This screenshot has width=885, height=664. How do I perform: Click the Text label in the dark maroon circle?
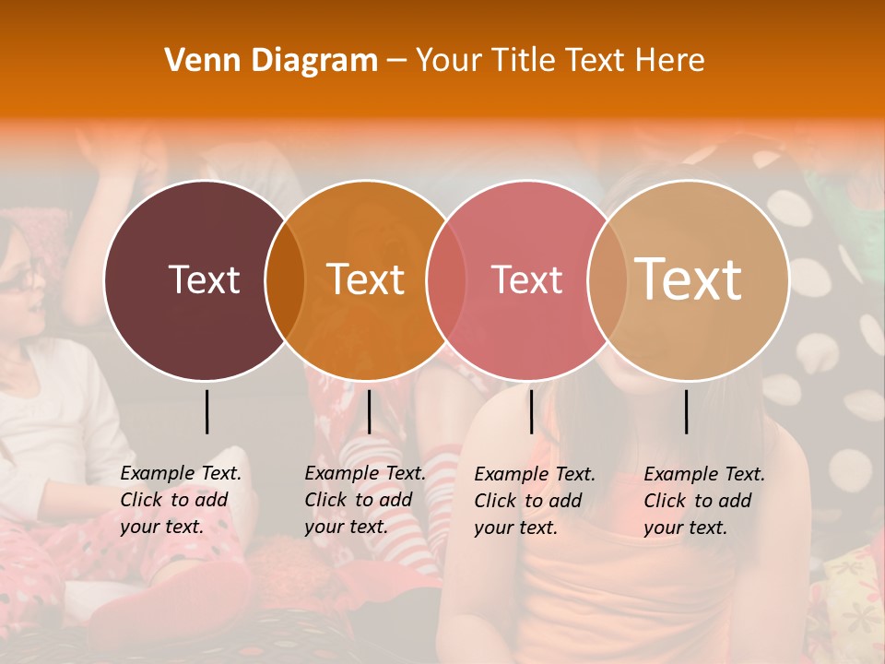[x=204, y=279]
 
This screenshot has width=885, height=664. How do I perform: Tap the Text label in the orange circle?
[x=365, y=279]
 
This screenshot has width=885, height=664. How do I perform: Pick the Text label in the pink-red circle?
[x=526, y=279]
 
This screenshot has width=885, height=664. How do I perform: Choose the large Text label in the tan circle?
[x=688, y=279]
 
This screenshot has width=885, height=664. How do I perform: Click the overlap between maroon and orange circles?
[x=285, y=279]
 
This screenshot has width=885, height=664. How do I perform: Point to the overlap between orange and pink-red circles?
[x=446, y=279]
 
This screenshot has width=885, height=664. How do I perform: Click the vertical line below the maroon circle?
[x=207, y=411]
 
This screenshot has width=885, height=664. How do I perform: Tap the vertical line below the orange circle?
[x=369, y=411]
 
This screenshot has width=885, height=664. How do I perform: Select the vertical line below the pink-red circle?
[x=531, y=411]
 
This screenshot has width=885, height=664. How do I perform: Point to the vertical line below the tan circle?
[x=686, y=411]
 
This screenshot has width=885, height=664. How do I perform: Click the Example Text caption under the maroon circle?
[x=180, y=500]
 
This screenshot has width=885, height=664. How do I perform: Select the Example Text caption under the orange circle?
[x=364, y=500]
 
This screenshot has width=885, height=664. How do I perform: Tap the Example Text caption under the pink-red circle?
[x=534, y=501]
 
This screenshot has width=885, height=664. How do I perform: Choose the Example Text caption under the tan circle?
[x=703, y=501]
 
